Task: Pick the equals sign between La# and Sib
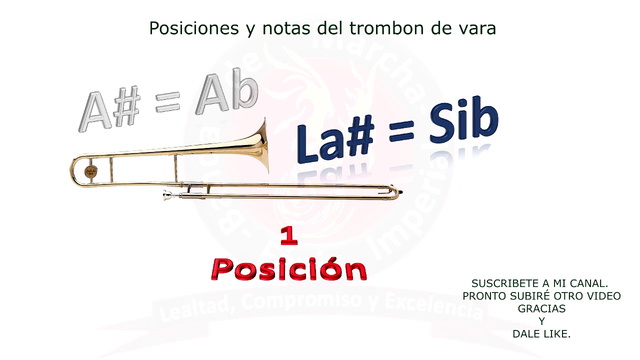401,132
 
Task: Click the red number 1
289,236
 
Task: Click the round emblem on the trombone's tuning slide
90,171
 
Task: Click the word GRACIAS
541,309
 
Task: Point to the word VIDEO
603,296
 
